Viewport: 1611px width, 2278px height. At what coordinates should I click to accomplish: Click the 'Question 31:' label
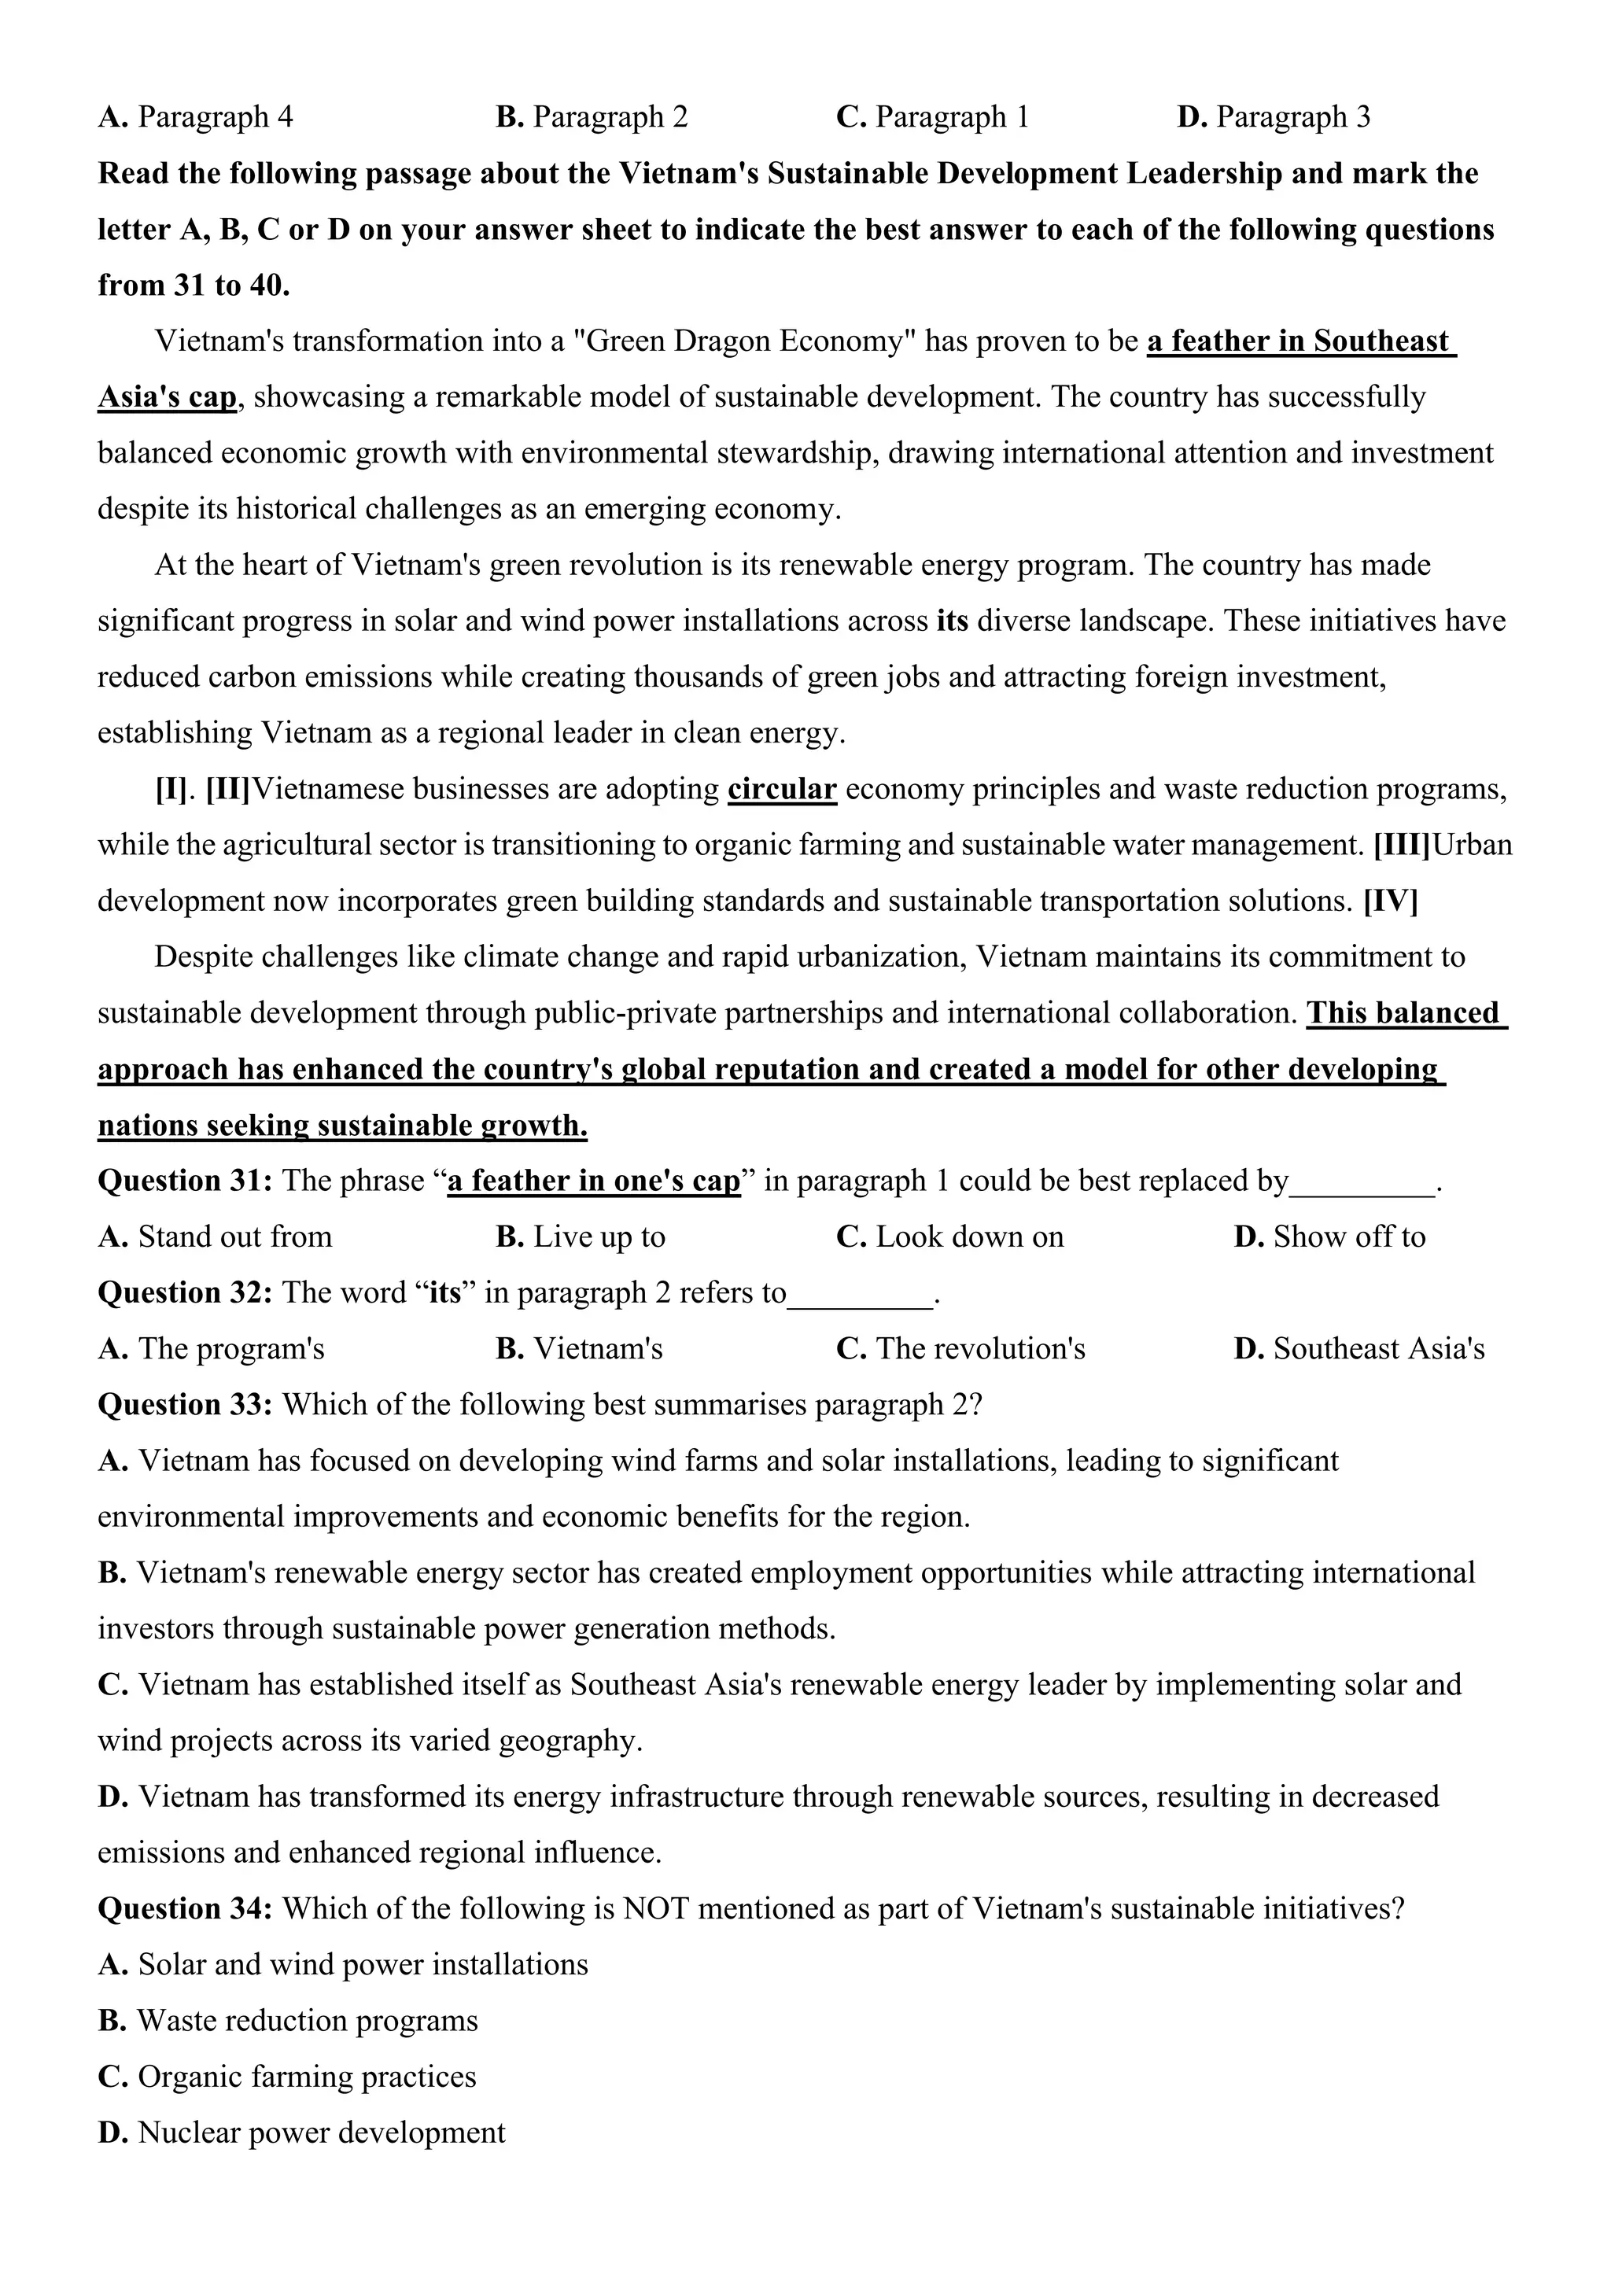coord(185,1181)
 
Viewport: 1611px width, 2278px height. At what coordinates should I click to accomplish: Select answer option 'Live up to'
coord(598,1237)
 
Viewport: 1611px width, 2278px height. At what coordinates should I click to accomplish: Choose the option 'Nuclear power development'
coord(320,2132)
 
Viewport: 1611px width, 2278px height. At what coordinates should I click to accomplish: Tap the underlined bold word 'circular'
coord(782,790)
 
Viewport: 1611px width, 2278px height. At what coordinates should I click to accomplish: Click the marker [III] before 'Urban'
coord(1402,846)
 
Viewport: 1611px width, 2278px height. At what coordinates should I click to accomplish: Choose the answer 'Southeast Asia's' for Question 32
coord(1378,1349)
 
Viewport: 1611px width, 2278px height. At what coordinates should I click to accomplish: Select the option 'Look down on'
coord(968,1237)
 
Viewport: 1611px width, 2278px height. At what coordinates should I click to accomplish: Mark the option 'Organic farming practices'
coord(305,2077)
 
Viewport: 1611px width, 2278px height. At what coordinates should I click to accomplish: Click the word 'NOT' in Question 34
coord(650,1908)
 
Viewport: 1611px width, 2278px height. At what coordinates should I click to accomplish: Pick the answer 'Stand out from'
coord(234,1237)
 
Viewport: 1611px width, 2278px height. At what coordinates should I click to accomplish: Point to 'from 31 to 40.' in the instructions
coord(194,286)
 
